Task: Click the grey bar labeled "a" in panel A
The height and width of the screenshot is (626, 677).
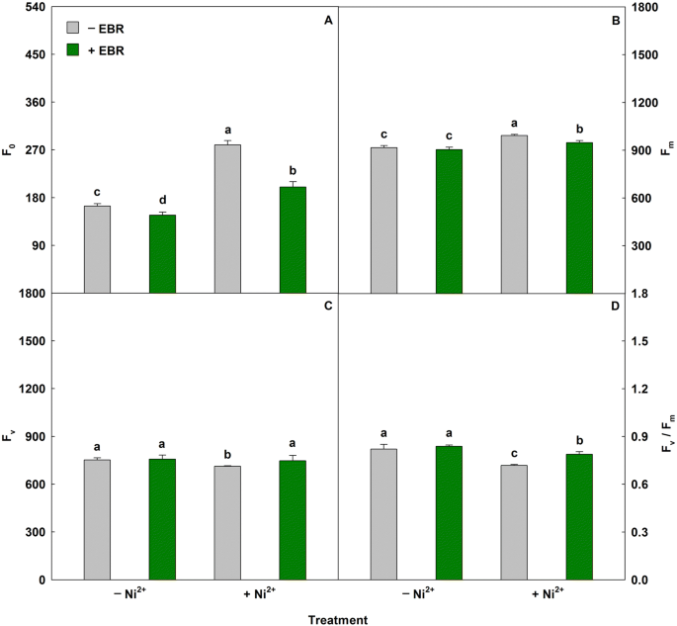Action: coord(227,219)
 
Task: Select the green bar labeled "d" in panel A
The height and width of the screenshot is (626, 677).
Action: coord(162,253)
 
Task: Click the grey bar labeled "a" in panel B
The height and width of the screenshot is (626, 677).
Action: coord(514,214)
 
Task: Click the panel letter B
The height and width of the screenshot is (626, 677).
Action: coord(615,20)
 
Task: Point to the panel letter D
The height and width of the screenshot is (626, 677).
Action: coord(615,307)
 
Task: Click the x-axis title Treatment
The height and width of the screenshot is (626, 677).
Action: coord(338,620)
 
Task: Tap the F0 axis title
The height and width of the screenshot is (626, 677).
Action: coord(10,150)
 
